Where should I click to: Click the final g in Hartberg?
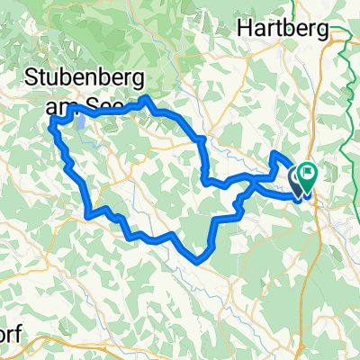coord(321,31)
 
